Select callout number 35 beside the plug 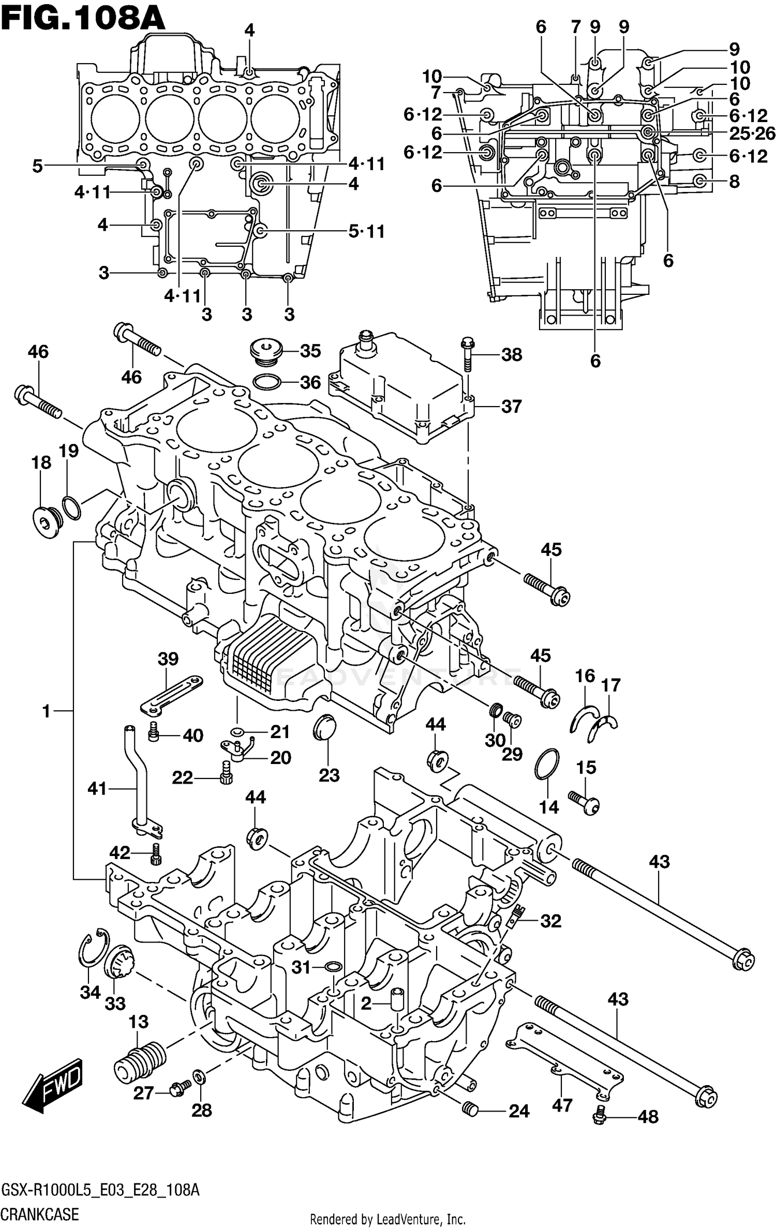coord(310,351)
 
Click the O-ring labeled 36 coord(267,383)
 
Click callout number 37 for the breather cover coord(511,407)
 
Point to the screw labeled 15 coord(585,802)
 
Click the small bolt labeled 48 coord(600,1112)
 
